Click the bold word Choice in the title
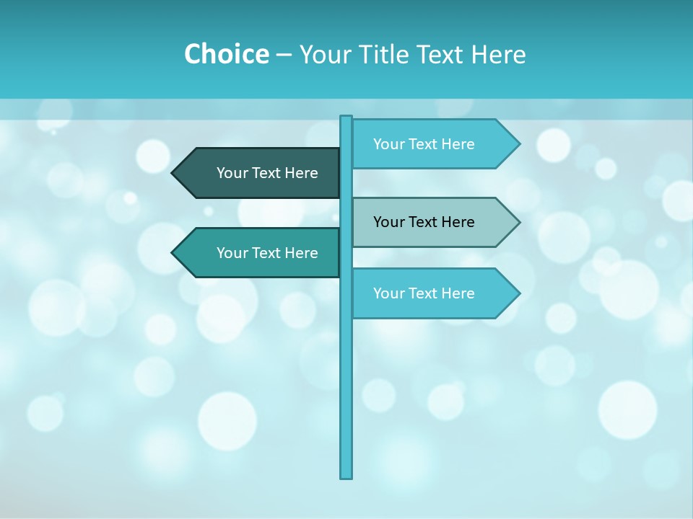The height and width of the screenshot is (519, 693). [x=226, y=54]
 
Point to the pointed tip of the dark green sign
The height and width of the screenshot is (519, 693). [x=174, y=173]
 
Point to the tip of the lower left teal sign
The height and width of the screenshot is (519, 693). [x=174, y=253]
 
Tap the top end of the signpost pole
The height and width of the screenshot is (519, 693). [x=346, y=118]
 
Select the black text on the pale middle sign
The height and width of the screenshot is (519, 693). [x=424, y=222]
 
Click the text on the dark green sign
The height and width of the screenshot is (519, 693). [x=267, y=173]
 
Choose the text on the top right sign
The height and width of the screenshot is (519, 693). [x=424, y=144]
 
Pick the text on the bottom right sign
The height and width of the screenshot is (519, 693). [x=424, y=293]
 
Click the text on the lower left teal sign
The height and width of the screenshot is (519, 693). [x=267, y=253]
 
